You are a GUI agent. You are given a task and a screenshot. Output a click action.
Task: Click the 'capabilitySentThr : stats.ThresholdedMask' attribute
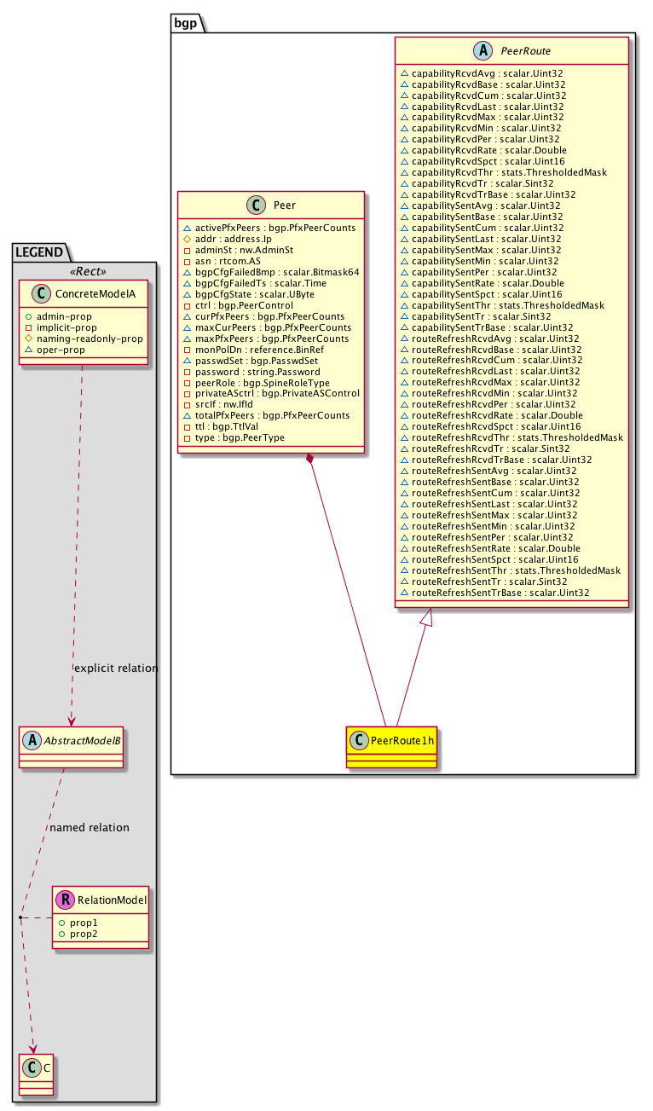(508, 304)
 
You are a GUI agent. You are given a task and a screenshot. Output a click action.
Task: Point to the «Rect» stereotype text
(88, 272)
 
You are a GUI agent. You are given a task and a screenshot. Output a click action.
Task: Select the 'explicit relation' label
(116, 668)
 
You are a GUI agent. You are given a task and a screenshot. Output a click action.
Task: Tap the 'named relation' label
(90, 827)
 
